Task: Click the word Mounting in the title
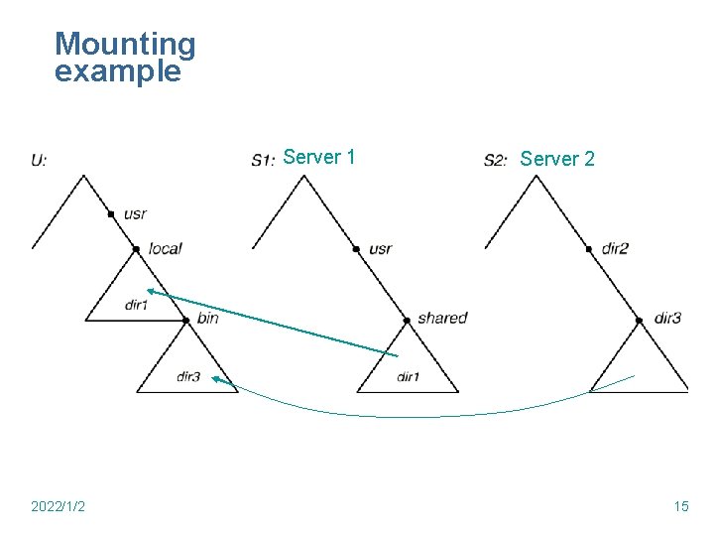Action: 125,45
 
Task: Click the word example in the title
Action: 118,71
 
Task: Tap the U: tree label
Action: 39,159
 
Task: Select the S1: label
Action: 263,159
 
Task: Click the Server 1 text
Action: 319,157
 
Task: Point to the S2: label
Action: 496,159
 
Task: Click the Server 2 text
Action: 557,159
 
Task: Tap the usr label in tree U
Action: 135,214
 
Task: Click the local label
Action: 165,248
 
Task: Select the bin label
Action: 207,319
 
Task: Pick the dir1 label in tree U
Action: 137,305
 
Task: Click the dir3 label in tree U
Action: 188,377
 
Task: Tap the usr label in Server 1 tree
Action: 380,248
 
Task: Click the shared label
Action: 441,319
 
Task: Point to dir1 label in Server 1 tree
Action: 408,377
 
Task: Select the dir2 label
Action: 615,248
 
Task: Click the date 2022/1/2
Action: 58,507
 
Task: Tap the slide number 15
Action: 681,507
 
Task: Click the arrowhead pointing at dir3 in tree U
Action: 215,380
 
